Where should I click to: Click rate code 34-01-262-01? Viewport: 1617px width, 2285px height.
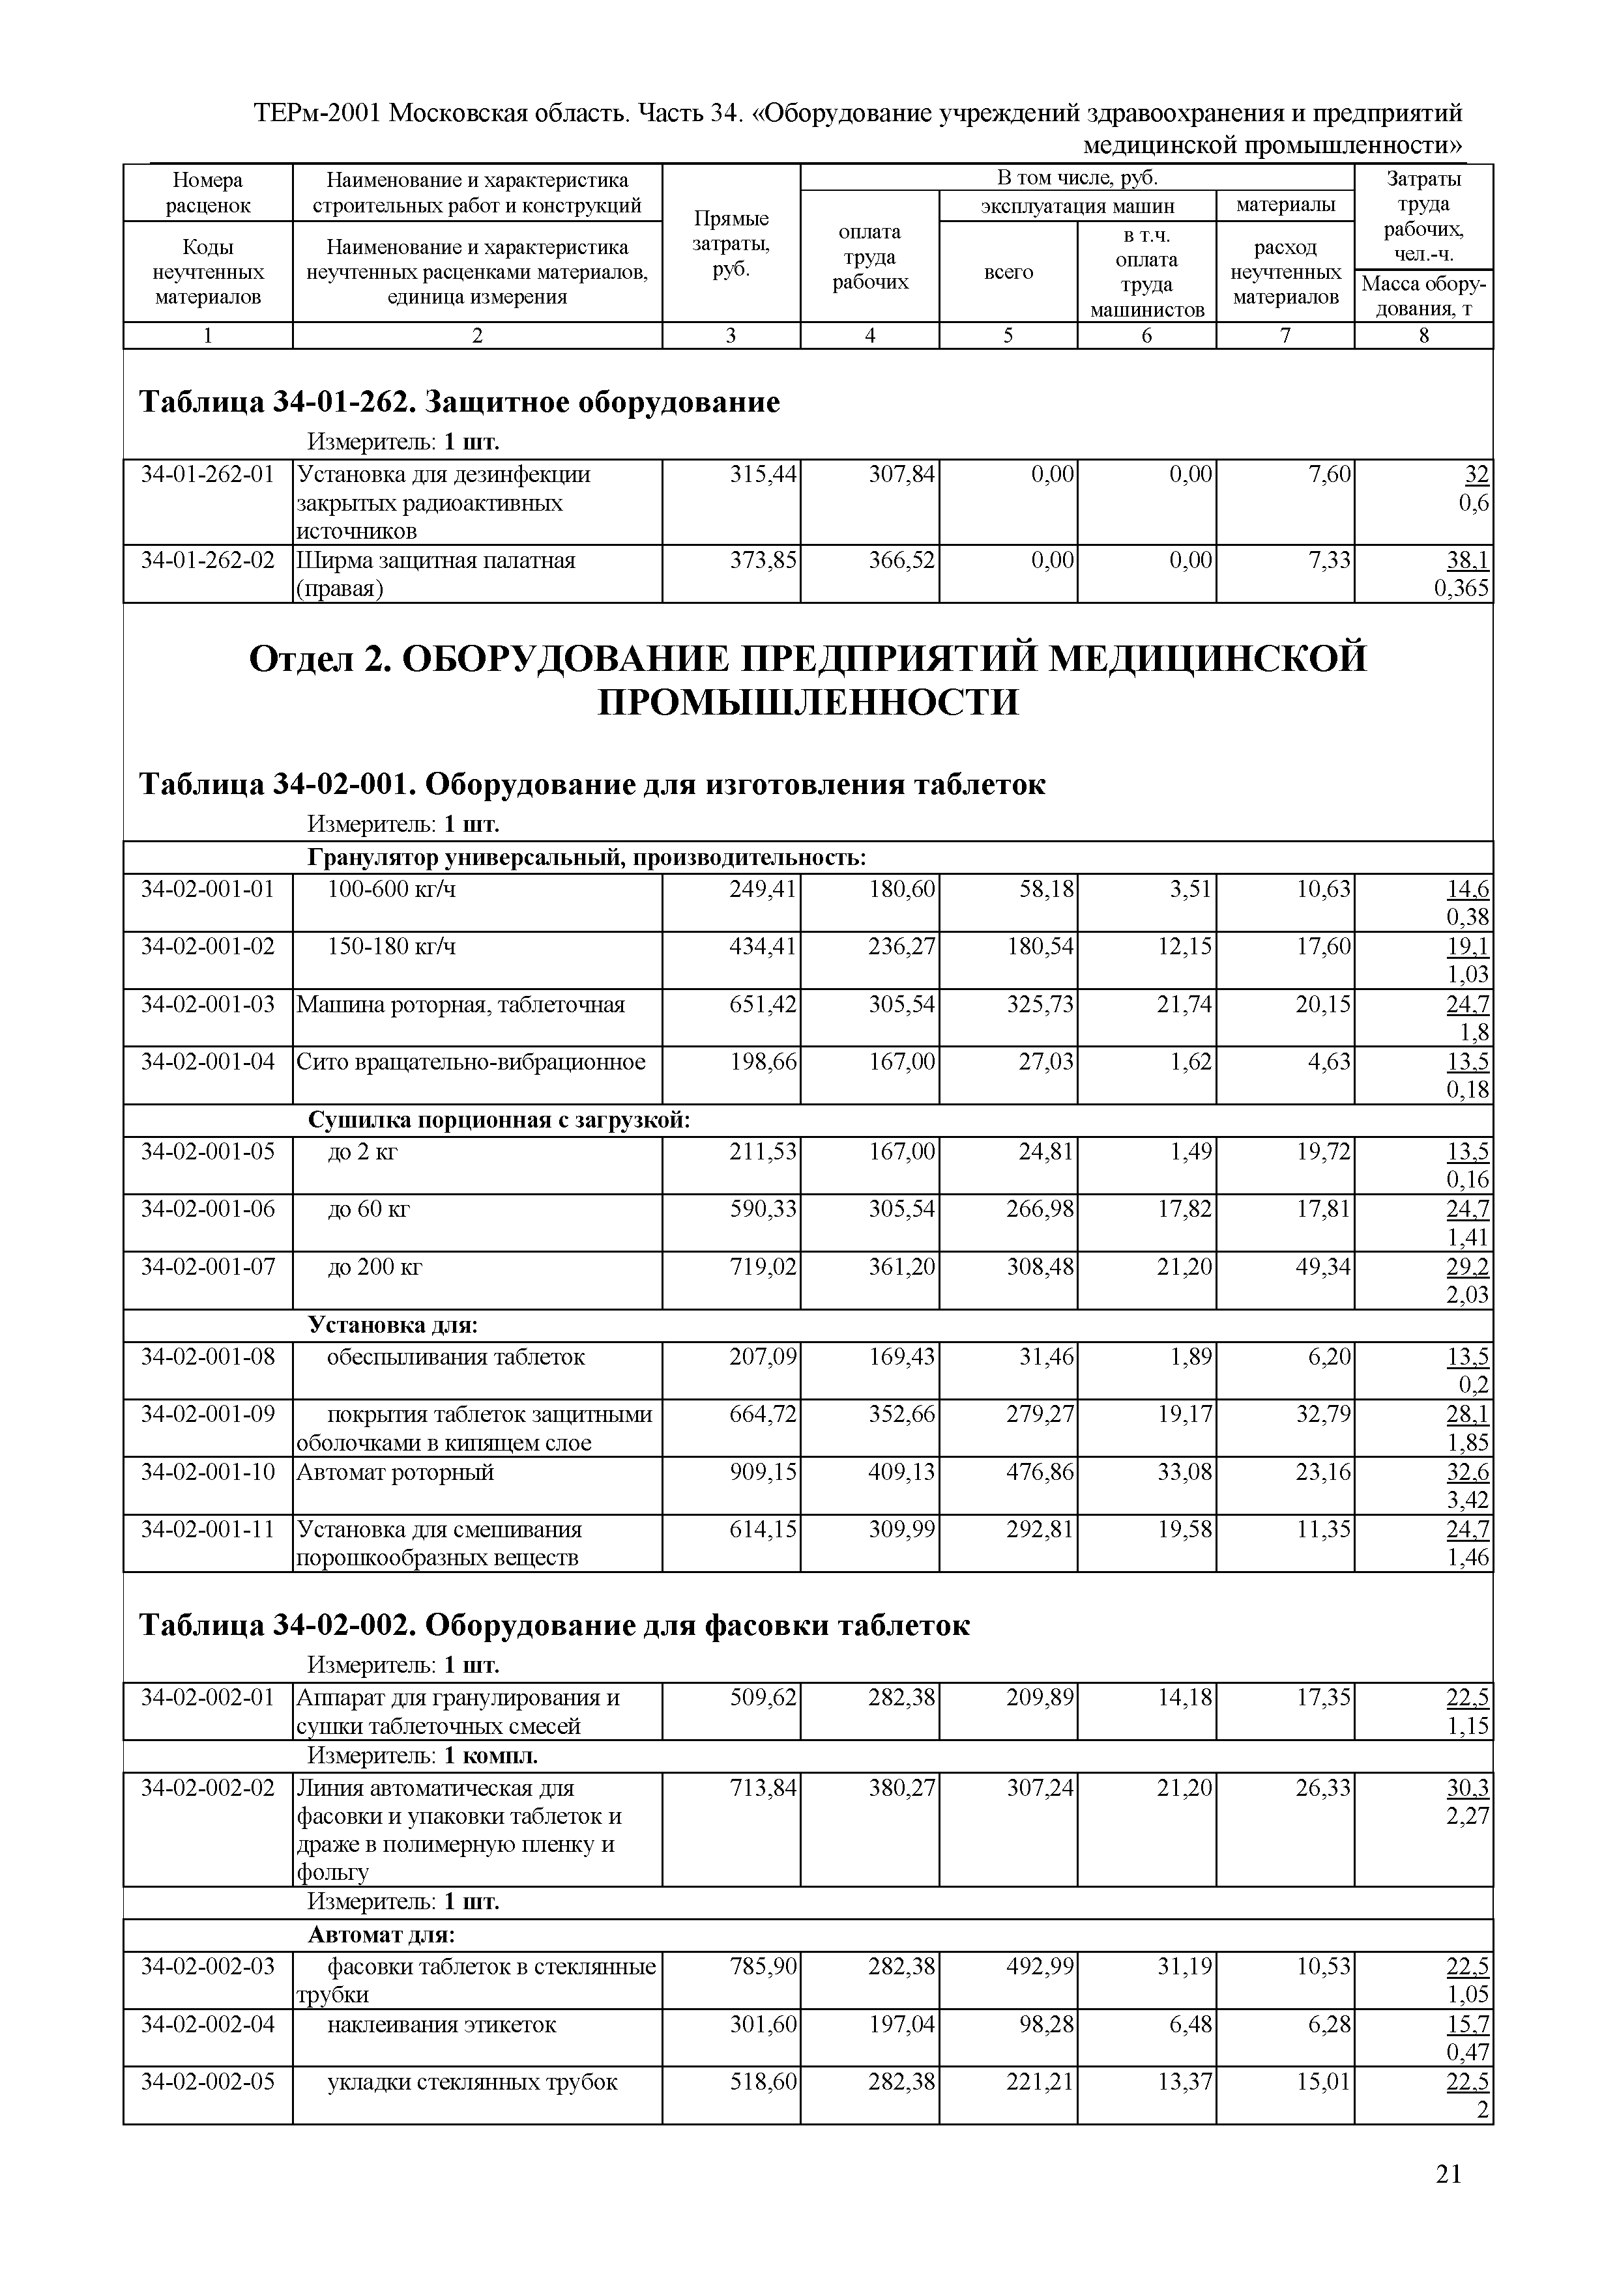(207, 475)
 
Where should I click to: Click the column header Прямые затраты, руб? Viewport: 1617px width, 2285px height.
(731, 243)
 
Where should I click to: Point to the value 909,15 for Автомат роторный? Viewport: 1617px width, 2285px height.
(764, 1472)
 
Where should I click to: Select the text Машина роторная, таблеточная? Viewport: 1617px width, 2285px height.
(461, 1004)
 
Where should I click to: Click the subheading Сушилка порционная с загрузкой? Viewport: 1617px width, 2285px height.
(498, 1120)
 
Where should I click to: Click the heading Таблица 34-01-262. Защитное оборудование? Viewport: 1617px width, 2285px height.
(459, 402)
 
